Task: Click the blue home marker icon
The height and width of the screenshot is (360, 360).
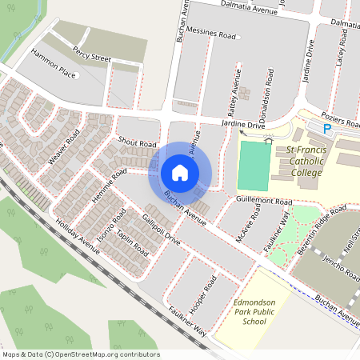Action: pyautogui.click(x=179, y=172)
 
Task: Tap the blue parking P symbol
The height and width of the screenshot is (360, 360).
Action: pyautogui.click(x=326, y=128)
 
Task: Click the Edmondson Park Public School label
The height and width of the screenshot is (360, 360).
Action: pyautogui.click(x=254, y=311)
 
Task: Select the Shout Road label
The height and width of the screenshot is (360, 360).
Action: pyautogui.click(x=136, y=143)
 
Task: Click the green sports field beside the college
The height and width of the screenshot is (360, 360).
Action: pyautogui.click(x=255, y=166)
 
